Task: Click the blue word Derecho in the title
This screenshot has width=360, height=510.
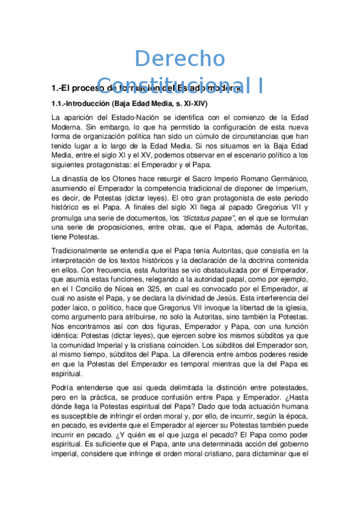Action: click(x=180, y=59)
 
